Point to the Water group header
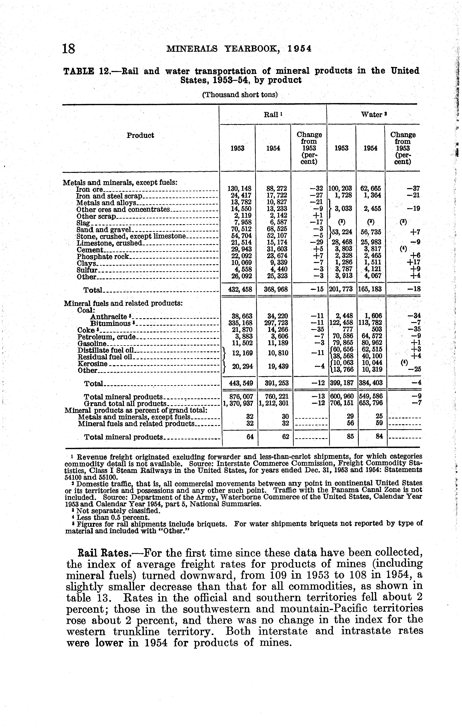374,115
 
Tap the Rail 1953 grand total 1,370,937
238,403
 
